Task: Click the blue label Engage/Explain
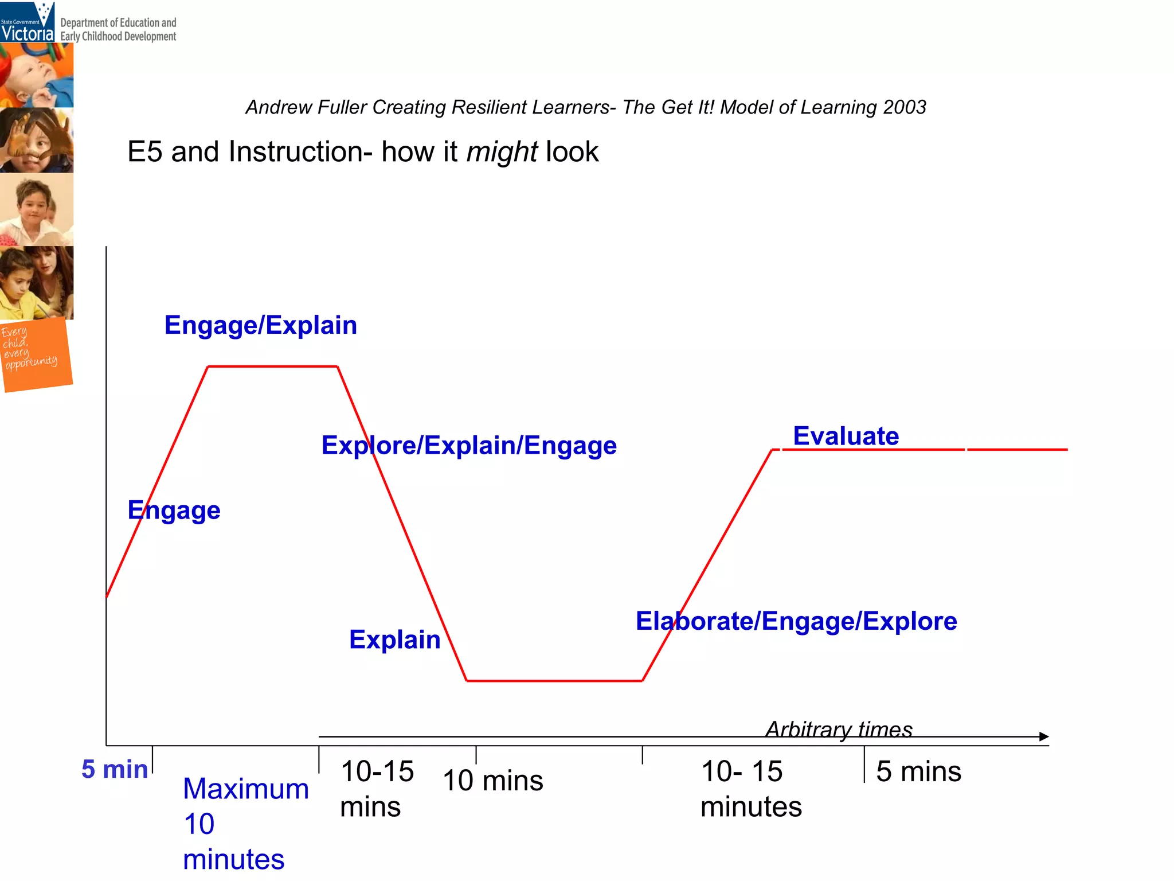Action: tap(260, 325)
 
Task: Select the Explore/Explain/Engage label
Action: tap(468, 446)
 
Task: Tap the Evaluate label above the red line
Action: tap(846, 436)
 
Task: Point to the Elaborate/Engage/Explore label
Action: tap(796, 621)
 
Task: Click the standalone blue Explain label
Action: tap(394, 640)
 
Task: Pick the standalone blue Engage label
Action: tap(174, 510)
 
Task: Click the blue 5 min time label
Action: tap(115, 769)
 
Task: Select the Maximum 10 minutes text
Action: tap(245, 824)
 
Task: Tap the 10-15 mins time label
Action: tap(377, 789)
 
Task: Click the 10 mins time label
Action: tap(492, 781)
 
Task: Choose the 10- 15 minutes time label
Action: tap(750, 789)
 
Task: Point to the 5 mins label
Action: tap(918, 771)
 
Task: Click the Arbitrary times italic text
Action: tap(839, 729)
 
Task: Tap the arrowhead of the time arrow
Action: tap(1044, 736)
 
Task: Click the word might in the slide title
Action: tap(502, 152)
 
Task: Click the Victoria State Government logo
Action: tap(28, 22)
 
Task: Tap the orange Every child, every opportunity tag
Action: tap(36, 354)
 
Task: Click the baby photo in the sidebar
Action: tap(37, 75)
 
